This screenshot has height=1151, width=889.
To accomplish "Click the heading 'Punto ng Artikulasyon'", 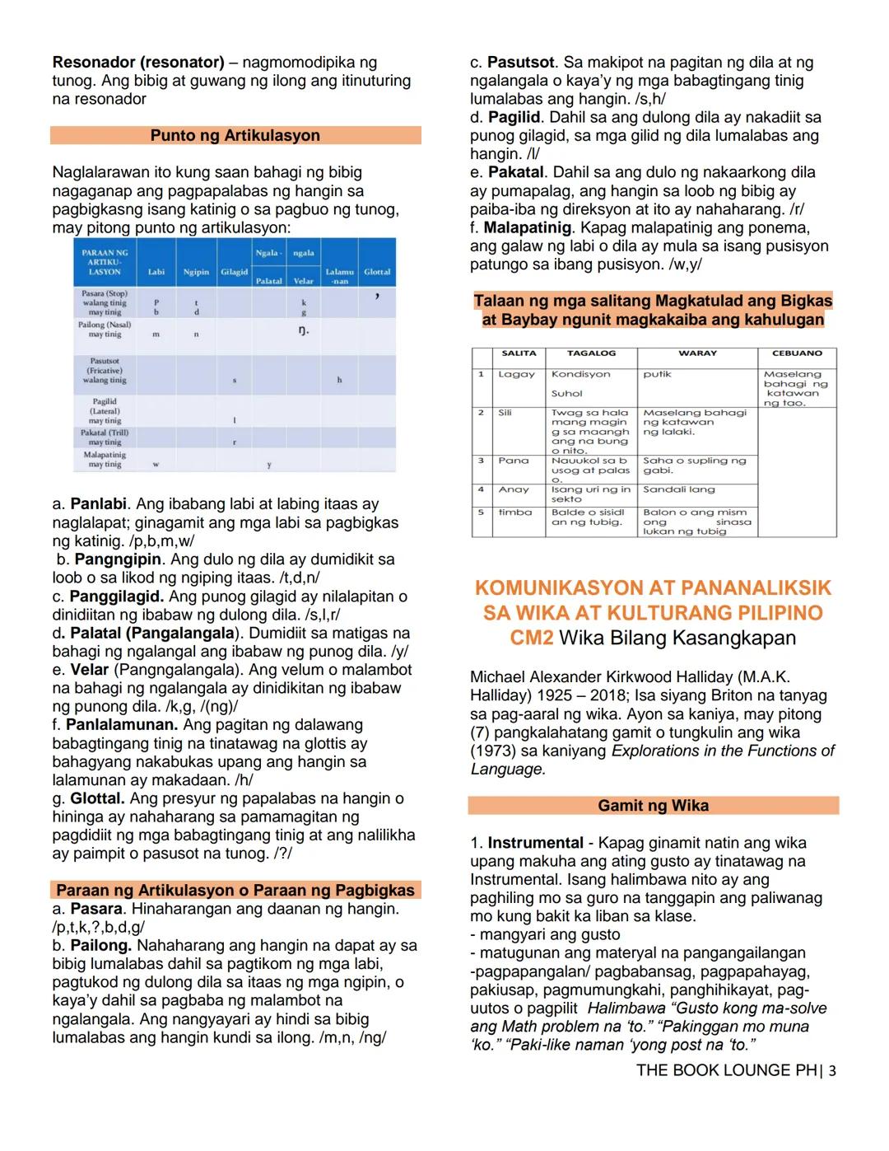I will point(235,135).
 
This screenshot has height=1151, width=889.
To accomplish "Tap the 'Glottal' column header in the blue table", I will point(377,272).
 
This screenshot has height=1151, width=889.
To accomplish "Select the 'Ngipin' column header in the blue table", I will point(196,272).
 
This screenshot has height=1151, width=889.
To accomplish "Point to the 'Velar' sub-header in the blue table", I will point(304,281).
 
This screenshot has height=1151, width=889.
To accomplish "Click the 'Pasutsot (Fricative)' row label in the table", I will point(105,371).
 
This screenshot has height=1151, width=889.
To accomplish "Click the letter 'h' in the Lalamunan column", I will point(339,380).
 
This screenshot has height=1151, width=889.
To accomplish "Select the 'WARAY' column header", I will point(697,353).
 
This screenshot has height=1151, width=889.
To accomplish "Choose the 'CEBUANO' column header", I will point(797,353).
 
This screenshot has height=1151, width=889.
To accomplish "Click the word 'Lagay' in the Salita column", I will point(516,374).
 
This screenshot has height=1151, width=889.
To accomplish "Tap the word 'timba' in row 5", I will point(514,512).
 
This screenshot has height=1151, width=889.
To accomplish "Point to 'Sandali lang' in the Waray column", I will point(679,489).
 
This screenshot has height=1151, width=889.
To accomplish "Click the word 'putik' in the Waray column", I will point(657,374).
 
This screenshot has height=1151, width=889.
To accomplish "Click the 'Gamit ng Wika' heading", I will point(653,806).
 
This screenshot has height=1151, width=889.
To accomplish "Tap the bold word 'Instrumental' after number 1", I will point(535,843).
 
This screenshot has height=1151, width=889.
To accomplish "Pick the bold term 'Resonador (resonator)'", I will point(138,63).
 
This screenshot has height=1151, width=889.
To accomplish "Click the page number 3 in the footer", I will point(832,1071).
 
